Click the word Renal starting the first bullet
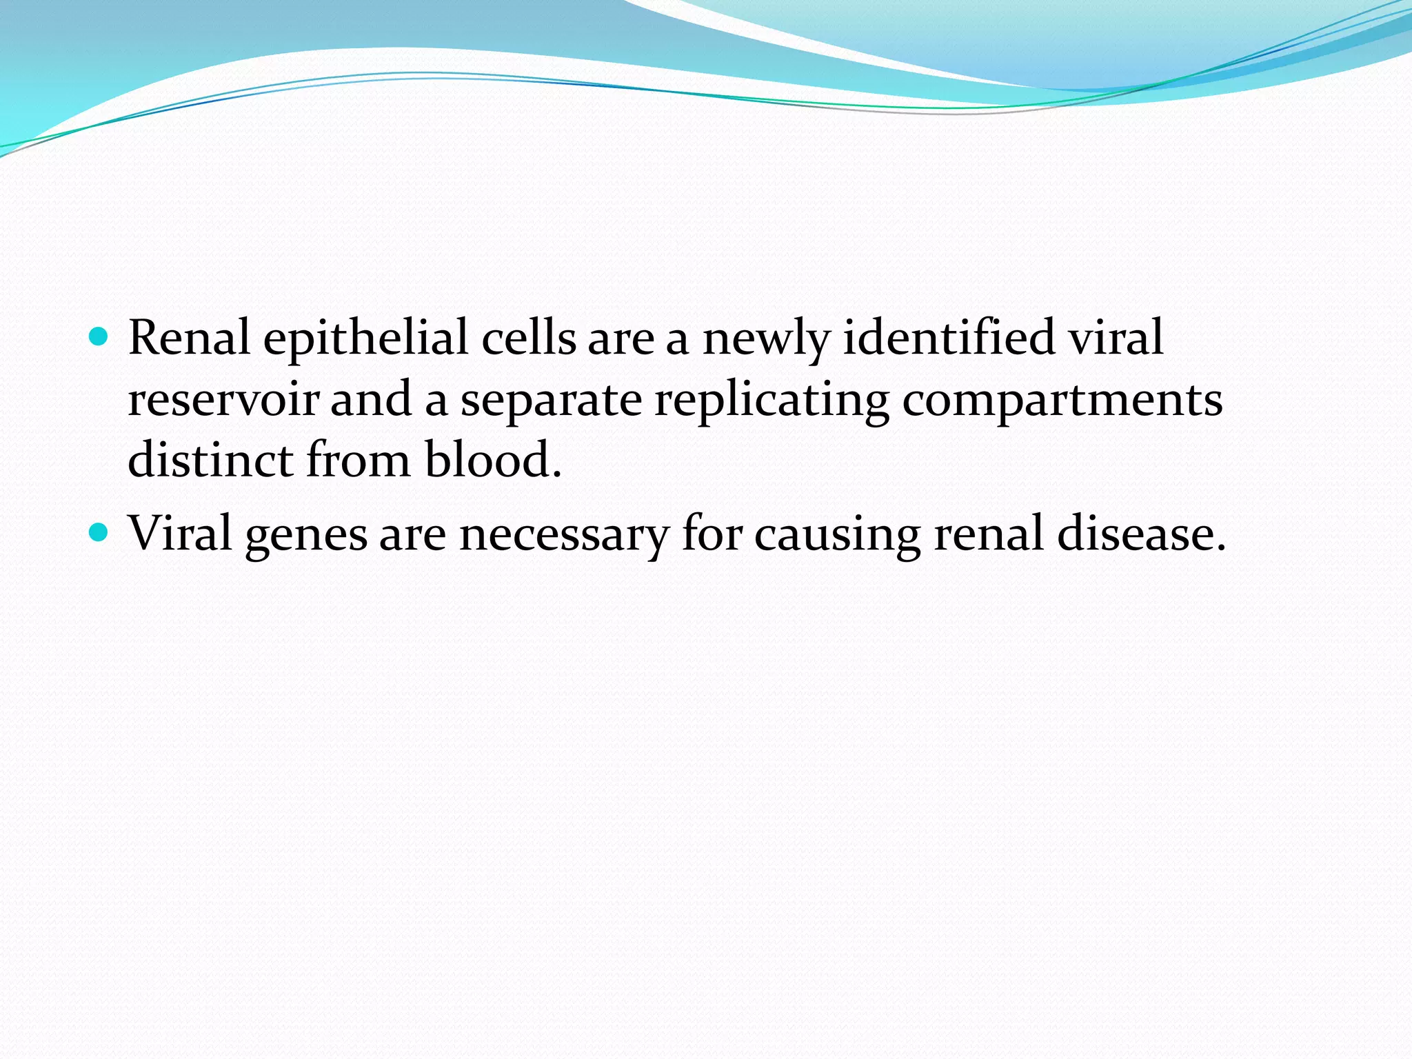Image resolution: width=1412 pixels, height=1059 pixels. point(189,338)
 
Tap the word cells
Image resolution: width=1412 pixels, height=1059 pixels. point(529,338)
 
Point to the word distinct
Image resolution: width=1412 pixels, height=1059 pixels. point(210,460)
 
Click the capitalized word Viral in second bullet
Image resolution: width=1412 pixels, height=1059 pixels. point(180,534)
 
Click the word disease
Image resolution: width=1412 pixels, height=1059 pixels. point(1142,534)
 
